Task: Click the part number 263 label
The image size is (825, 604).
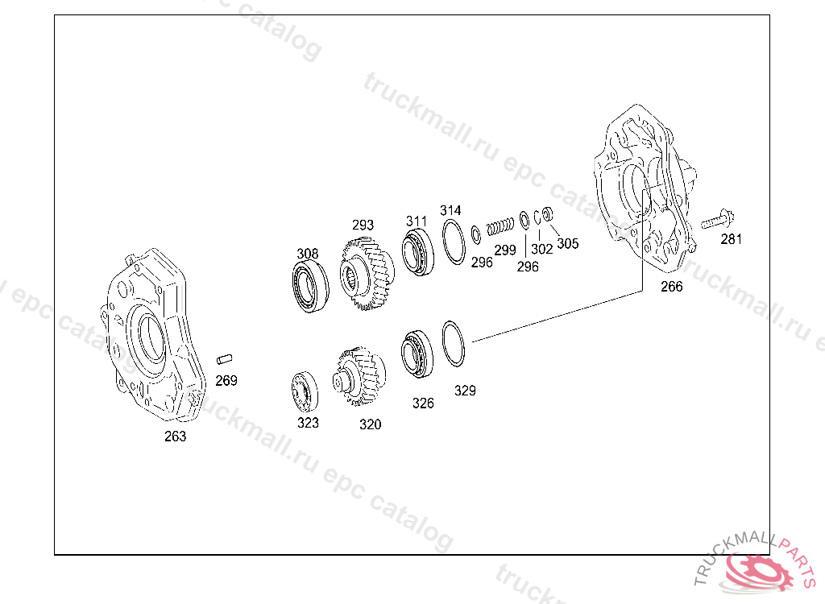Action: [175, 436]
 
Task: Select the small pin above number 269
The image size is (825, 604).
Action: [225, 359]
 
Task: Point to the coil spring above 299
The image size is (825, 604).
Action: [500, 226]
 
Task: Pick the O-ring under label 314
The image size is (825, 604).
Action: [453, 242]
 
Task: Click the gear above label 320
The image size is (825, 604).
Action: [359, 375]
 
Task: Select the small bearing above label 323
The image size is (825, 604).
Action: [305, 391]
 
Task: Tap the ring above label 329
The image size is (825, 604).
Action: [453, 344]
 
